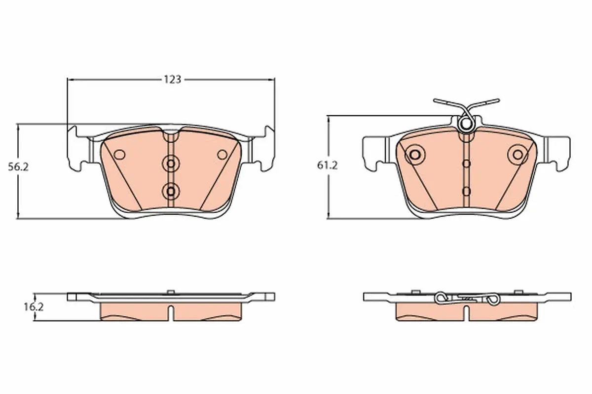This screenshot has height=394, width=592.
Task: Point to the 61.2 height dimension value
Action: point(327,166)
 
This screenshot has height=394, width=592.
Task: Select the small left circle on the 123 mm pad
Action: point(119,155)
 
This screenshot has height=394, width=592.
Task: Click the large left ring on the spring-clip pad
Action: point(414,155)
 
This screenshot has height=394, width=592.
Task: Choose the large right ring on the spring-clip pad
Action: point(518,155)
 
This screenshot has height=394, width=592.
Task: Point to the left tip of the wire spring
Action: point(436,101)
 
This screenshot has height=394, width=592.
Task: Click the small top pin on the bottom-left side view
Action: point(171,292)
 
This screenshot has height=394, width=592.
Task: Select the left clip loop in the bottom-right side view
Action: point(442,297)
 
